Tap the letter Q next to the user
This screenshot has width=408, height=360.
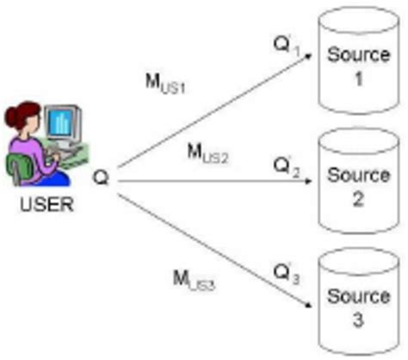[x=101, y=178]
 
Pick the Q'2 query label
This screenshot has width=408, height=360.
[x=285, y=164]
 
